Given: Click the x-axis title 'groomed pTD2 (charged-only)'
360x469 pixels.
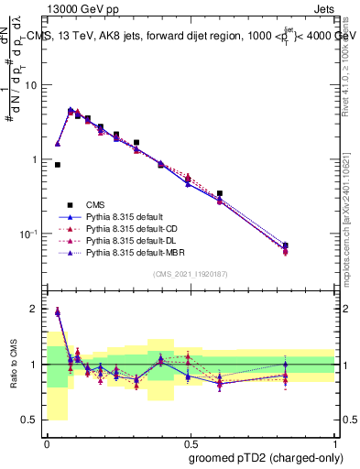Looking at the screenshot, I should point(267,457).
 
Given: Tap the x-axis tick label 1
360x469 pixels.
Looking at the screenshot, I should point(333,442).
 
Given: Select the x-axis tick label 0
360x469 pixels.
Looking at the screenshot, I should point(47,442).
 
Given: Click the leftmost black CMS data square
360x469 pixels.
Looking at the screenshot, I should point(58,165).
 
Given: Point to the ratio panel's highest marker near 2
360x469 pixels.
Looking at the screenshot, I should point(58,312).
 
